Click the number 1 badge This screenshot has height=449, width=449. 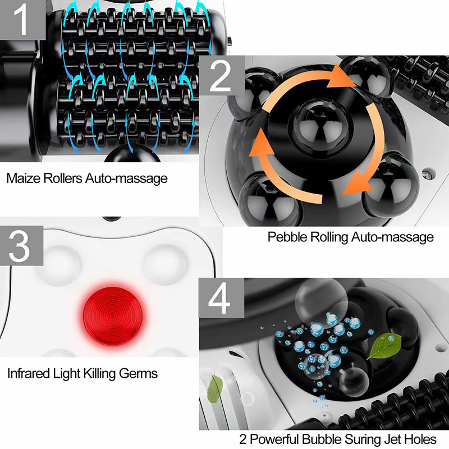point(21,20)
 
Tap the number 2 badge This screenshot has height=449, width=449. point(221,77)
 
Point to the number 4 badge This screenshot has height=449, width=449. point(221,300)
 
